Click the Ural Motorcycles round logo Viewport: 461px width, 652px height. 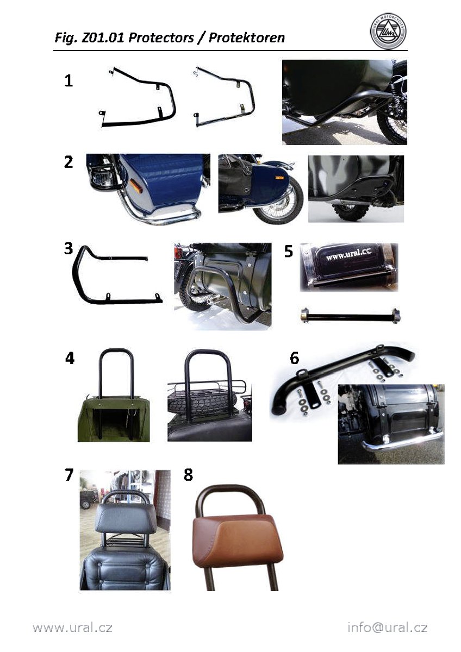tap(388, 32)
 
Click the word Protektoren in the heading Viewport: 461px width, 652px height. tap(247, 38)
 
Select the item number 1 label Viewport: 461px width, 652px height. tap(68, 80)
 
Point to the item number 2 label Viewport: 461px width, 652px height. tap(68, 162)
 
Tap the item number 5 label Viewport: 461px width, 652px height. tap(288, 251)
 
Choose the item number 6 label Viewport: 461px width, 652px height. tap(295, 358)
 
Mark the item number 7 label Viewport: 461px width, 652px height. tap(68, 475)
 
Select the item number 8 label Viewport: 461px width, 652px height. tap(188, 475)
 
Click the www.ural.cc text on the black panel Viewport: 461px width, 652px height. tap(348, 255)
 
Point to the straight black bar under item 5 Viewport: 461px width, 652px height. tap(350, 316)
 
